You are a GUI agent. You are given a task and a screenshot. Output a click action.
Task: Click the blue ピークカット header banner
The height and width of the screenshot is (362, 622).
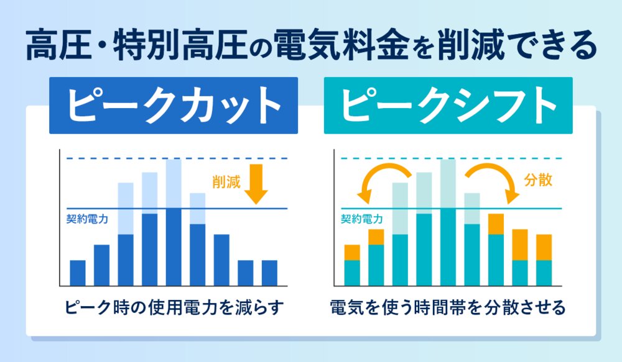pos(174,106)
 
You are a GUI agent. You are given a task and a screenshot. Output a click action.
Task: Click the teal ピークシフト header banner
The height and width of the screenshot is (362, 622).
pos(448,106)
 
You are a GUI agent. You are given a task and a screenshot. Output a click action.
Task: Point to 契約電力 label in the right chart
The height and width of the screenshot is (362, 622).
pos(361,219)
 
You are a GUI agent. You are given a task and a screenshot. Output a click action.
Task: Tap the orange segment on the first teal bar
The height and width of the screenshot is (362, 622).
pos(352,252)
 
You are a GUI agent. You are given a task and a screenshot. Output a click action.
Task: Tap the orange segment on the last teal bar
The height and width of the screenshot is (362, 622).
pos(544,247)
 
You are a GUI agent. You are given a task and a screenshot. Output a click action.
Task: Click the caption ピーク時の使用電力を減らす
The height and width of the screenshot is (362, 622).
pos(174,307)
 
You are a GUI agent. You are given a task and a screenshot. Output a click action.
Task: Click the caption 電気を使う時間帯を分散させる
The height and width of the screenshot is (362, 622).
pos(448,307)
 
